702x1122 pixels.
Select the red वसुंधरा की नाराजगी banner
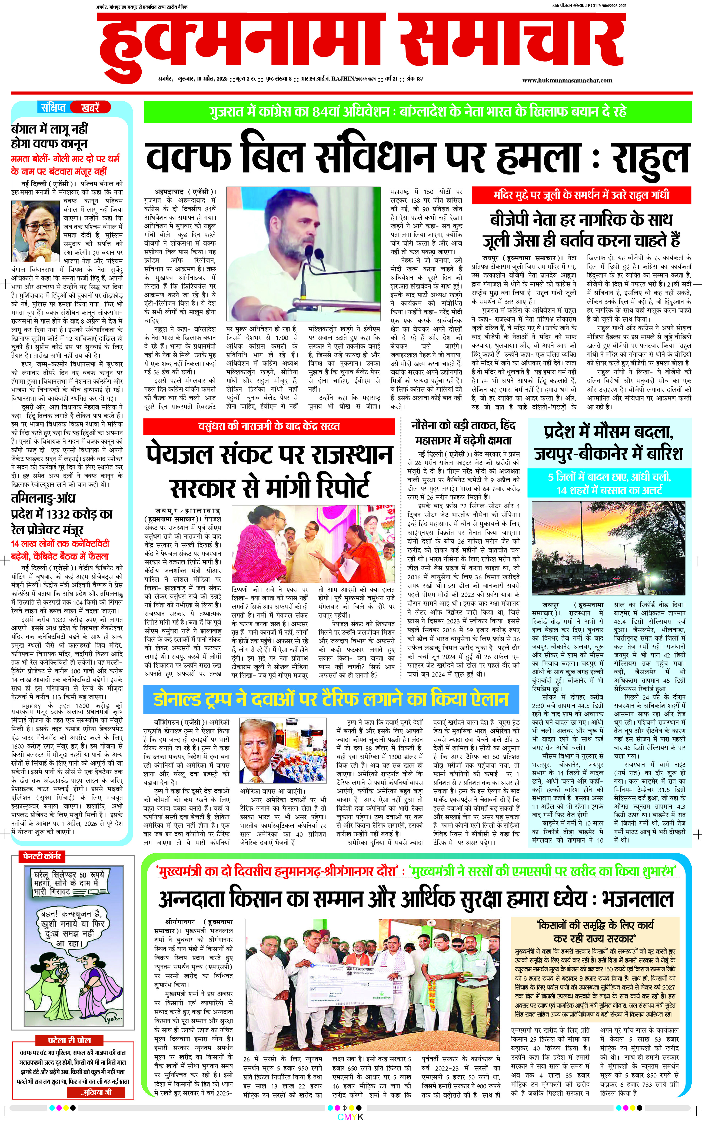(269, 426)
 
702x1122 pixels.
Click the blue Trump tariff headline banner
(331, 699)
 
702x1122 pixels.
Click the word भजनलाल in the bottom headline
(637, 899)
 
